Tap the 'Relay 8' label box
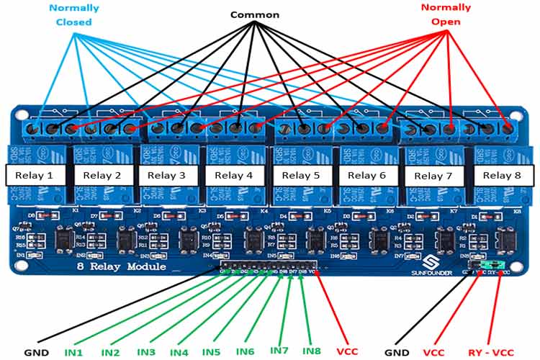pyautogui.click(x=502, y=175)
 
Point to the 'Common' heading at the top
pyautogui.click(x=254, y=14)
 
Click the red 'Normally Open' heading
pyautogui.click(x=446, y=14)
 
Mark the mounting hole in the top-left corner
pyautogui.click(x=19, y=114)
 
